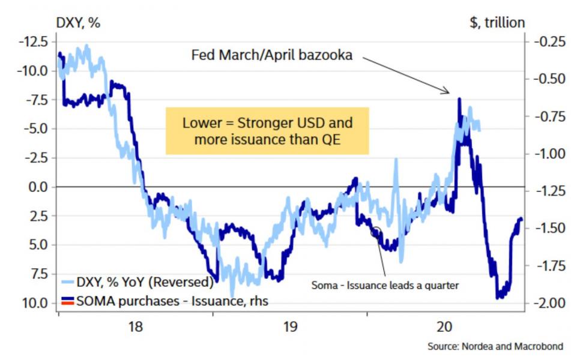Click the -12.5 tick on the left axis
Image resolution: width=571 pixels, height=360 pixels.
(29, 42)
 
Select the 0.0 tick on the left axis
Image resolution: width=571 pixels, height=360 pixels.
(35, 187)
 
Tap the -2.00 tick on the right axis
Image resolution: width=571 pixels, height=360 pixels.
(548, 302)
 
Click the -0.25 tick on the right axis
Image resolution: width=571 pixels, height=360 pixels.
(548, 42)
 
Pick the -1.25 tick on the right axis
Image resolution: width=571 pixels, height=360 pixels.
(548, 191)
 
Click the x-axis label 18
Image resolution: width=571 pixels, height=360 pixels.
(136, 327)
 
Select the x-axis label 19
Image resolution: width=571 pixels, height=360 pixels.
(290, 327)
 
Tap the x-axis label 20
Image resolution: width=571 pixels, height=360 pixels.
(444, 327)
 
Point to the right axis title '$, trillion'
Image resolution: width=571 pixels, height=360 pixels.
(497, 23)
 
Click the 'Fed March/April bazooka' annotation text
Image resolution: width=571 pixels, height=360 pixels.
(272, 55)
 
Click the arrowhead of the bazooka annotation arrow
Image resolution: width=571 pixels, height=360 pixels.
(448, 92)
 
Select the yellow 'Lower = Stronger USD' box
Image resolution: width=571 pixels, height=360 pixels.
(267, 131)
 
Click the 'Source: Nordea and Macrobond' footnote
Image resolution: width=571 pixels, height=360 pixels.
(495, 347)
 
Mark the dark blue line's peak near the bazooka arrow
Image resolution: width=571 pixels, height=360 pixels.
(459, 99)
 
